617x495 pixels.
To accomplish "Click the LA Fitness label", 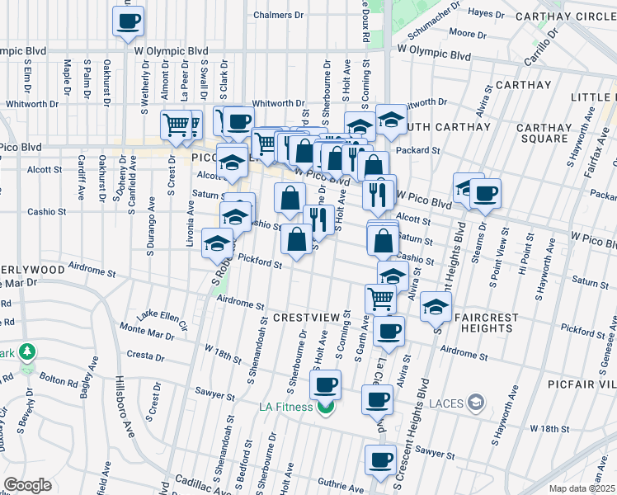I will coord(285,407).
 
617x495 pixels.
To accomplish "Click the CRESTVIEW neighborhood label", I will coord(305,318).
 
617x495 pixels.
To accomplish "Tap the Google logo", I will coord(27,485).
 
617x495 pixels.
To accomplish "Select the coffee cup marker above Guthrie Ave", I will coord(381,460).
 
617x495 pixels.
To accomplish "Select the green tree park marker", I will coord(28,352).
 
